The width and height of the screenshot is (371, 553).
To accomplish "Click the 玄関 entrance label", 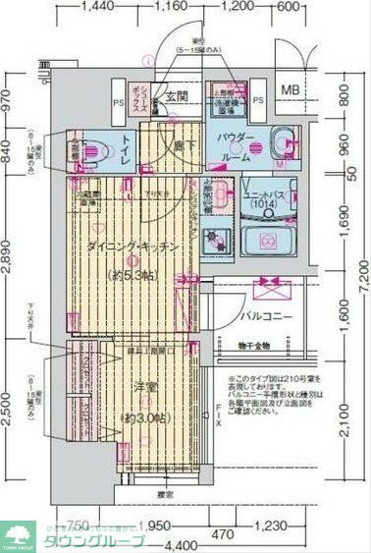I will point(177,97).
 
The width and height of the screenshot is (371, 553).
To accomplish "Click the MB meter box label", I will point(292,91).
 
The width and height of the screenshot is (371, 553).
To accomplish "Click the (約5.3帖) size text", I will point(132,274).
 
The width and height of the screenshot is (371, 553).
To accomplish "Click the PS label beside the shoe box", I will point(117,100).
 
